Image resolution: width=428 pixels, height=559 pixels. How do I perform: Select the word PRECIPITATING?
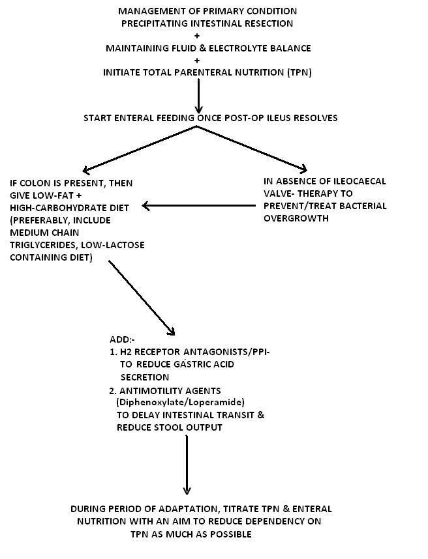[155, 24]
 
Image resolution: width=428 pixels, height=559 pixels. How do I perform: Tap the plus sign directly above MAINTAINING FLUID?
[197, 36]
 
